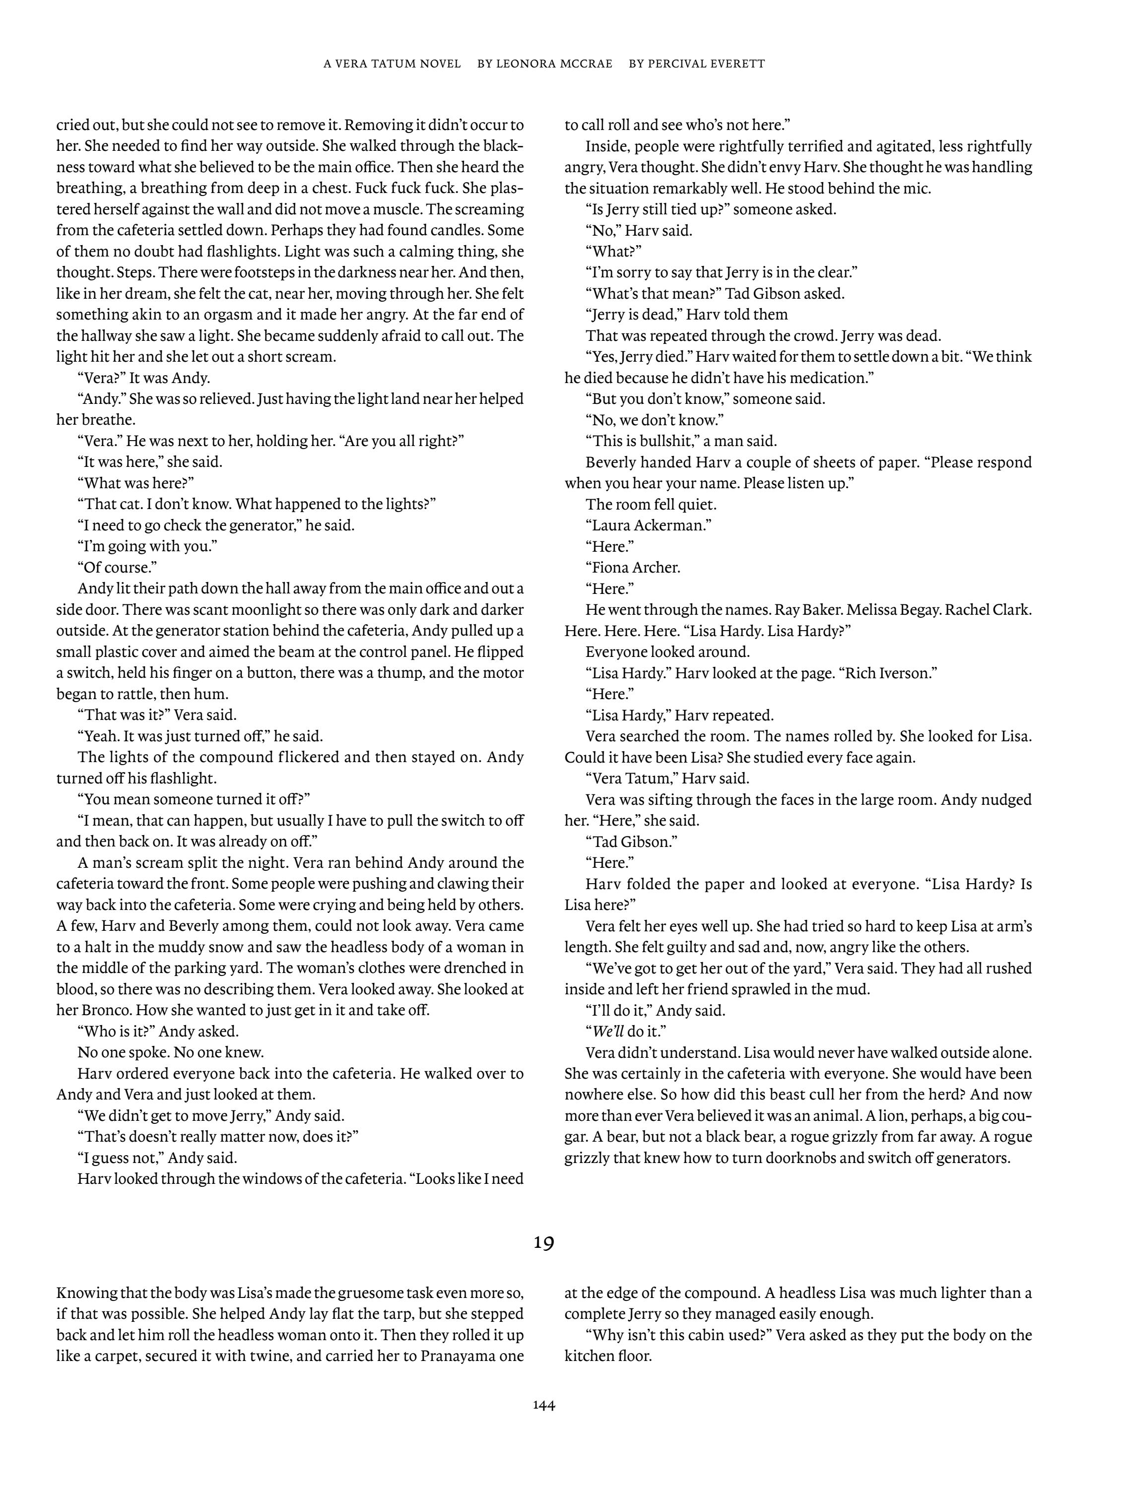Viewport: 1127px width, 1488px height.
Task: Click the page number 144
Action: tap(544, 1405)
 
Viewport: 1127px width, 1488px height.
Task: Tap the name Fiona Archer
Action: tap(636, 568)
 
